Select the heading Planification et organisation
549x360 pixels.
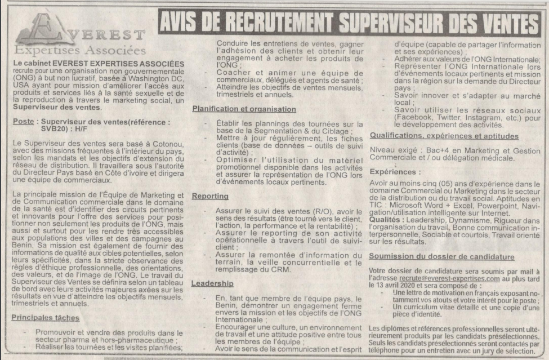(244, 109)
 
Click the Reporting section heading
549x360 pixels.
(210, 197)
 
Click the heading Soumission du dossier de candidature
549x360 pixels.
(441, 256)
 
